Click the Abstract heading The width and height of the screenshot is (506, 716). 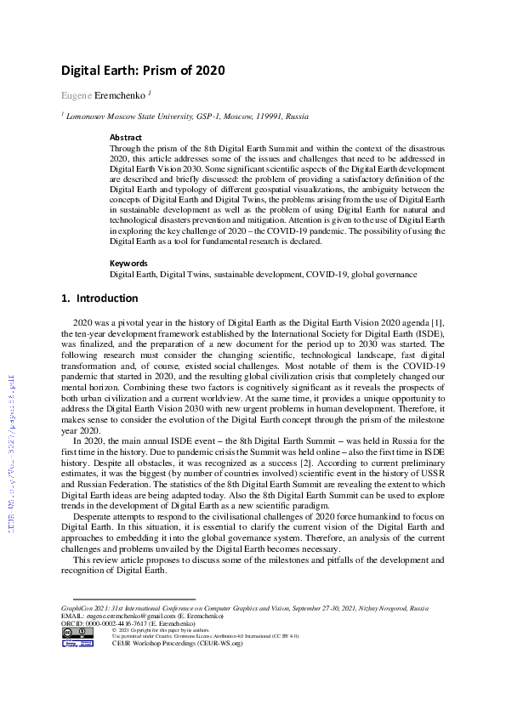point(126,137)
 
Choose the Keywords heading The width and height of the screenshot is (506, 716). point(128,264)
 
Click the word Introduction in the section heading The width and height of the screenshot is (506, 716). point(107,298)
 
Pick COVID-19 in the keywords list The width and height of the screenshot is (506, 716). point(323,275)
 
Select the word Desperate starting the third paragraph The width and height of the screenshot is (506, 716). point(96,516)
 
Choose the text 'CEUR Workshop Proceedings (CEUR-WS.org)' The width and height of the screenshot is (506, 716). point(178,644)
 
